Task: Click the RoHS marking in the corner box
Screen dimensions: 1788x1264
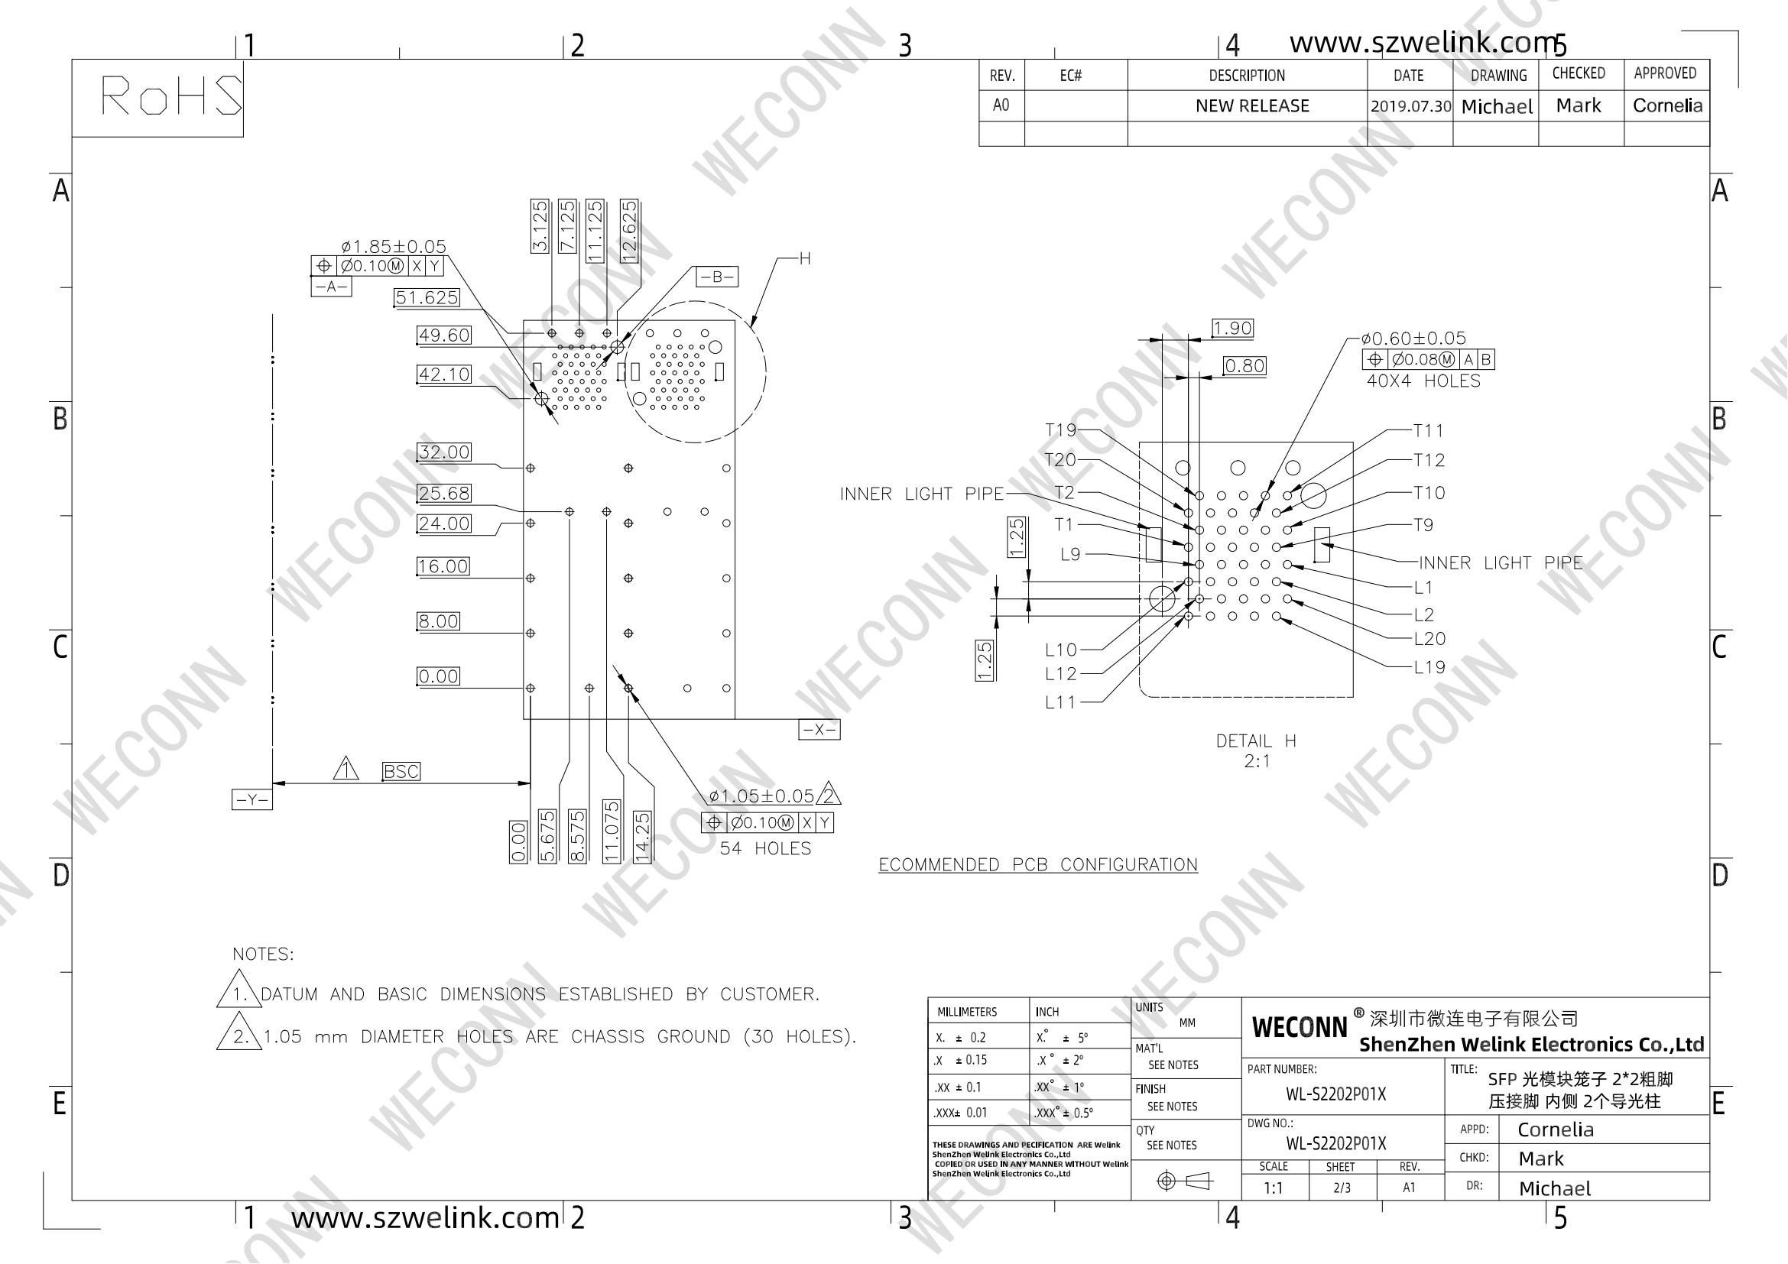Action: point(171,96)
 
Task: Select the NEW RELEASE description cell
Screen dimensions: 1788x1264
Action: point(1252,106)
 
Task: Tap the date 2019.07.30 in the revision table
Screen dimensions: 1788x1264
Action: point(1410,106)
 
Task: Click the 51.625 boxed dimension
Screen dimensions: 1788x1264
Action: point(427,297)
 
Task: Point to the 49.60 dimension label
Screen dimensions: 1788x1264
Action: point(444,335)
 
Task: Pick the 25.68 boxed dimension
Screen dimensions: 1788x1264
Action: point(444,493)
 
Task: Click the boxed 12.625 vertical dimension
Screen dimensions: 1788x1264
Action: point(629,230)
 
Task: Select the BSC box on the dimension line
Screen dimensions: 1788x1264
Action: point(401,771)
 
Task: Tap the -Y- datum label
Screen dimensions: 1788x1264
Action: point(251,799)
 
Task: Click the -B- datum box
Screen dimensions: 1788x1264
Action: point(716,277)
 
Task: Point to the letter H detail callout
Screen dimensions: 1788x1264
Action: point(805,258)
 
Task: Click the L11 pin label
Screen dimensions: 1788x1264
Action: point(1059,702)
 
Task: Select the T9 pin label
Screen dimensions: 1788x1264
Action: point(1423,525)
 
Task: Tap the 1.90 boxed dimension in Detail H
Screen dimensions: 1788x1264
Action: point(1232,329)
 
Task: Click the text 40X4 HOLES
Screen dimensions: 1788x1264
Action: point(1423,381)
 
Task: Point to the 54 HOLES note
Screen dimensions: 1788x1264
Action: point(765,848)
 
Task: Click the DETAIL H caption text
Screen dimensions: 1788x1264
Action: point(1256,741)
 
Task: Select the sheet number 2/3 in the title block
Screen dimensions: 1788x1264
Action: point(1342,1188)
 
